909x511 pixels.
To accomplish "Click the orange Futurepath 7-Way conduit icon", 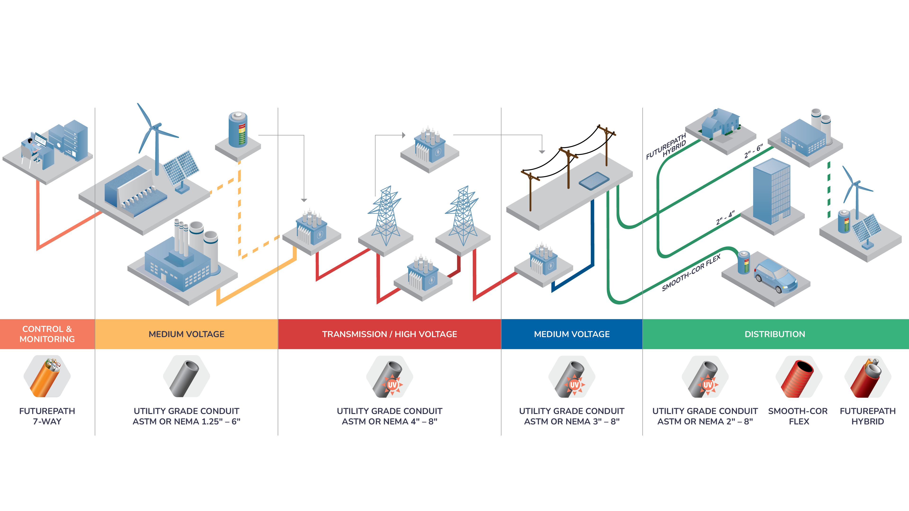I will [47, 376].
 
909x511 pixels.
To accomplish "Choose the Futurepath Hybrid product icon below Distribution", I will [867, 377].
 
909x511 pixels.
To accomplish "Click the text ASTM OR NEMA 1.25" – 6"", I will [186, 421].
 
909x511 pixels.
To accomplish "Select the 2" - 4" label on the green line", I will [725, 218].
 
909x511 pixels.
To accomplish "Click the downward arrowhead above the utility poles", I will [542, 152].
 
